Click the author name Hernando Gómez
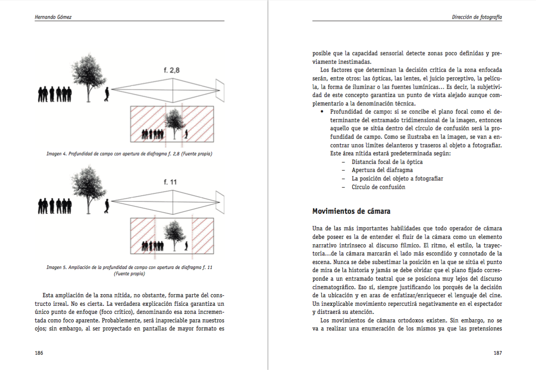pos(53,17)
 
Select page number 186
pos(39,353)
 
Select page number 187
pos(497,353)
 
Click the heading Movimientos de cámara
pos(351,211)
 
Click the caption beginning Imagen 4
pos(129,154)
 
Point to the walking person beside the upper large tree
pos(107,94)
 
